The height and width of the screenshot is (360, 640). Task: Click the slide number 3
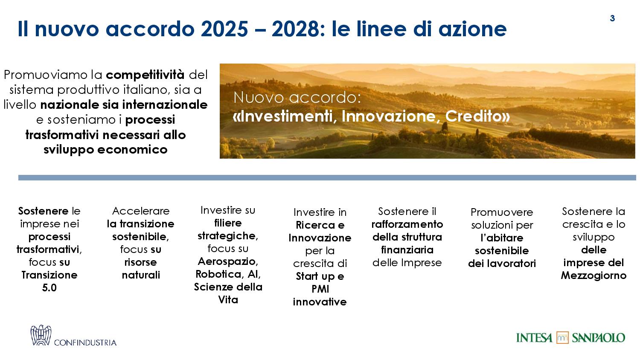612,18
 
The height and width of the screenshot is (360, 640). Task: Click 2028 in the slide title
298,29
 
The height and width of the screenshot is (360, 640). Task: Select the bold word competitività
145,75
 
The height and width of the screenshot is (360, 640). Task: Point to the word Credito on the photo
477,116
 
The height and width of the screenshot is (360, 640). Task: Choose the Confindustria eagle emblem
41,335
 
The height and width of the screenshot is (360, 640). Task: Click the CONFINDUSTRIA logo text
85,342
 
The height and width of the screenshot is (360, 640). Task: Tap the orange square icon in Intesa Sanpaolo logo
562,338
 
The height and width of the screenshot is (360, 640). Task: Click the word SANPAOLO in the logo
598,338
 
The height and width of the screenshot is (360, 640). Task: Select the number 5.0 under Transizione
49,287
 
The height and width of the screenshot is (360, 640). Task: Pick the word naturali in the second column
141,275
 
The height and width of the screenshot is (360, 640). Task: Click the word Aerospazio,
228,261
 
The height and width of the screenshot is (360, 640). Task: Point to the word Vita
228,300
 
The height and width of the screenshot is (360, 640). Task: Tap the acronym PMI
320,289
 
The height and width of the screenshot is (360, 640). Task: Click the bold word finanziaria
407,250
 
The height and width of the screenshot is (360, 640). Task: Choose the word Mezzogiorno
593,276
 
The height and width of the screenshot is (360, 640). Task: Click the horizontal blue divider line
327,178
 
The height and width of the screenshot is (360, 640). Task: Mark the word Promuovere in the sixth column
502,212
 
